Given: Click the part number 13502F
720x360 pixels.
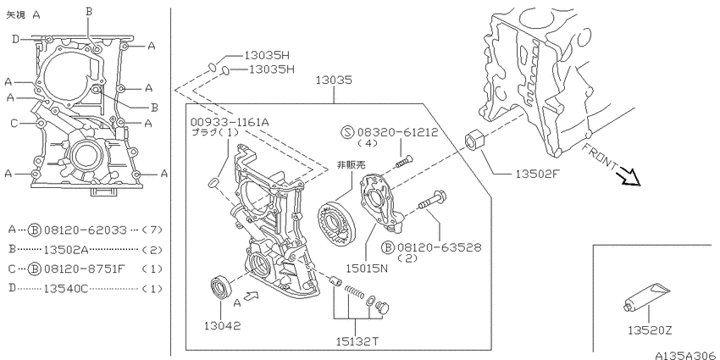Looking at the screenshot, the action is pos(537,174).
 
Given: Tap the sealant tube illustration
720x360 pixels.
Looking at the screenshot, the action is pos(647,296).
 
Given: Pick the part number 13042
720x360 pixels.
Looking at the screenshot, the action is pos(222,325).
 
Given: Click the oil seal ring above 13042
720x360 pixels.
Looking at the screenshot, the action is pos(221,287).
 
